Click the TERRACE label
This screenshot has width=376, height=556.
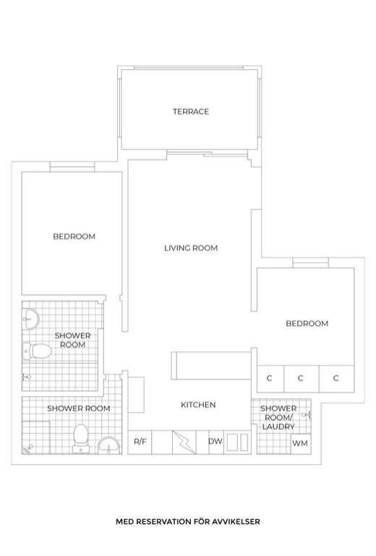[190, 111]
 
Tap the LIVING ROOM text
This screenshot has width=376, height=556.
[191, 248]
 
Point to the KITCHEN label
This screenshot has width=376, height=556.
[198, 405]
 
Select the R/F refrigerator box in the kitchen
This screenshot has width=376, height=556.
[140, 442]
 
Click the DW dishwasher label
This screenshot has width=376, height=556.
[215, 441]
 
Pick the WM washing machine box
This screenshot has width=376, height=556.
[301, 444]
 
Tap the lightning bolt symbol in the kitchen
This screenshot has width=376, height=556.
[184, 442]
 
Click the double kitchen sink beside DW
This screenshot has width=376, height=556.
[237, 442]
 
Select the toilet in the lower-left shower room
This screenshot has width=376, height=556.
[81, 438]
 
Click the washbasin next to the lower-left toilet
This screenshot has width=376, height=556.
[109, 445]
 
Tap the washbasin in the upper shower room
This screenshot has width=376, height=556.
[30, 319]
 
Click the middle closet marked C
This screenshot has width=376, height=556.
[301, 379]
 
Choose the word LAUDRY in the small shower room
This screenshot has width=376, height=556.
[278, 426]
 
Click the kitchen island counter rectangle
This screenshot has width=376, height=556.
[211, 366]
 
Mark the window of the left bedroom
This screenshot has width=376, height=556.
[72, 167]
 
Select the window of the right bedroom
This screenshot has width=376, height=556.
[310, 263]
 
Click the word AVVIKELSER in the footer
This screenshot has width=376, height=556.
[236, 521]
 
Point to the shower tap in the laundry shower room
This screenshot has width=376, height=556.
[307, 414]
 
